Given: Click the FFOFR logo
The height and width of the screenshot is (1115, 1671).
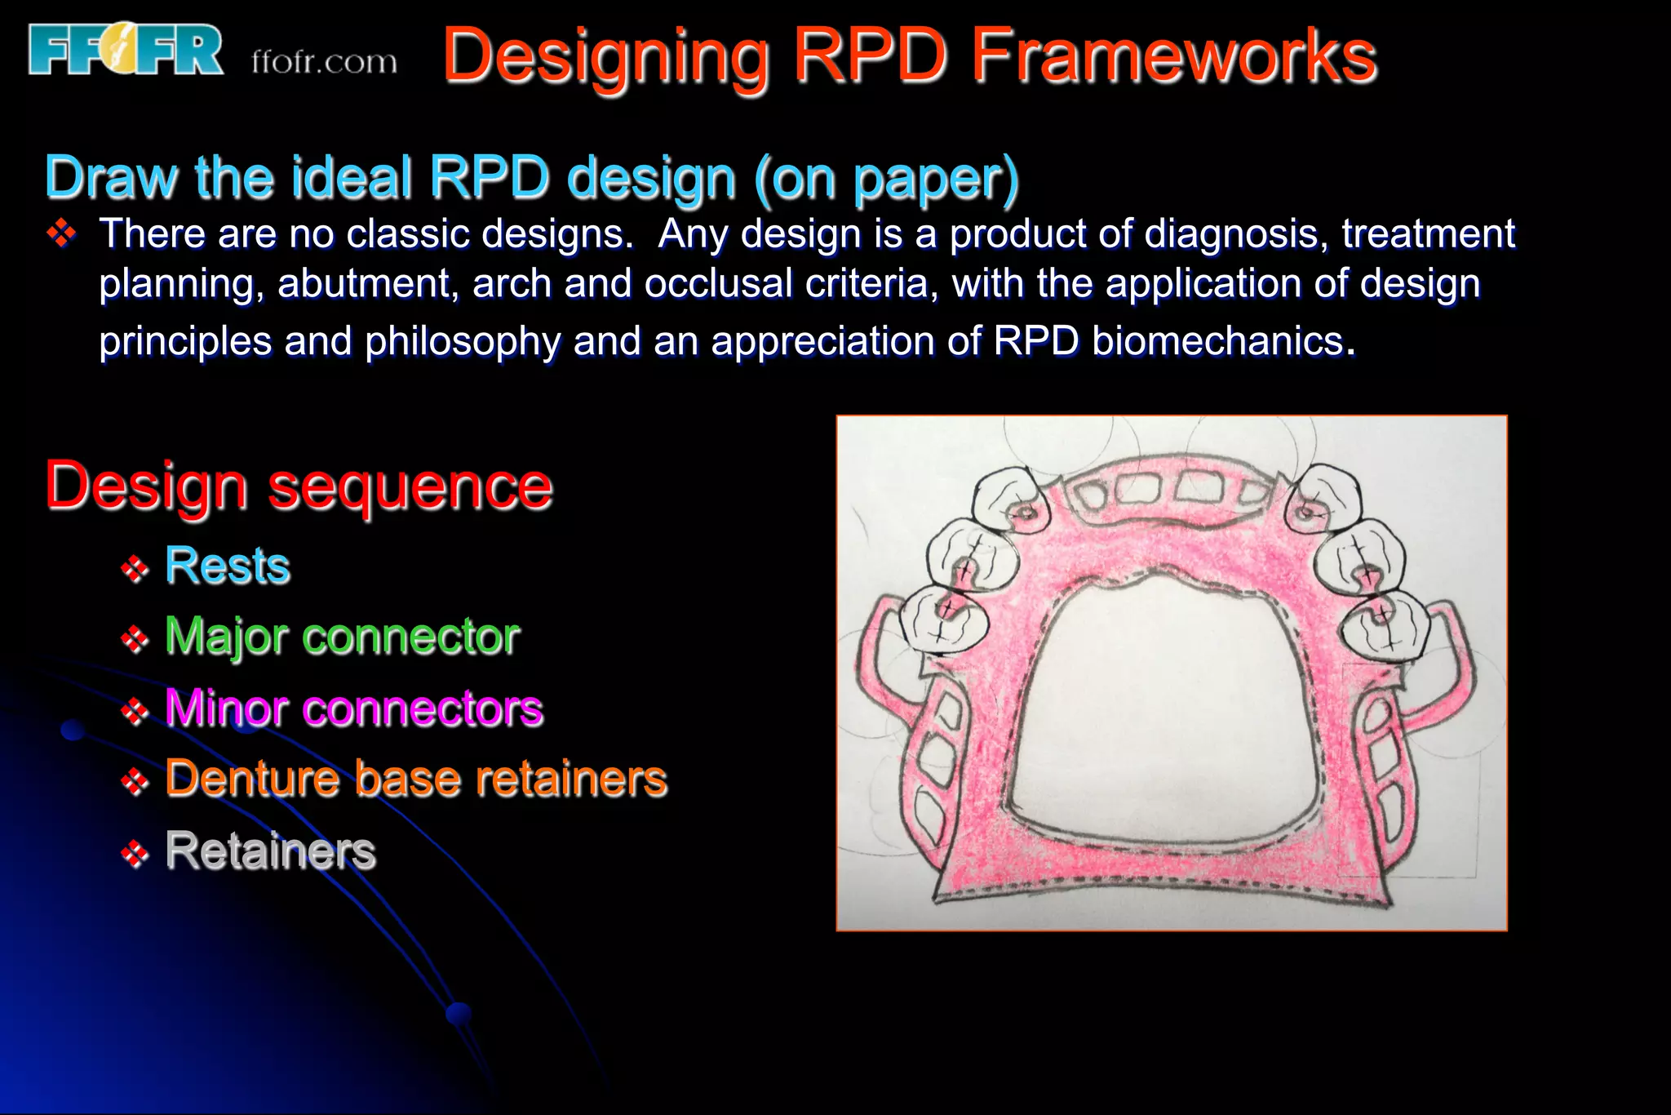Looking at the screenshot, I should point(126,50).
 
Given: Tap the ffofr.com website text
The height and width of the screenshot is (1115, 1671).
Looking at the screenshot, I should point(324,62).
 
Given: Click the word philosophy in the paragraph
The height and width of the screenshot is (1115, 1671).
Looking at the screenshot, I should point(463,341).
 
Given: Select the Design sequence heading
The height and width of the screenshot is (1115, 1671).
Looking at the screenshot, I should point(299,486).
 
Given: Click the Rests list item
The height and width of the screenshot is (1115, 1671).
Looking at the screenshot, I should point(228,565).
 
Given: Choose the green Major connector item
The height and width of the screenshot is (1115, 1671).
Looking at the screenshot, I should point(342,636).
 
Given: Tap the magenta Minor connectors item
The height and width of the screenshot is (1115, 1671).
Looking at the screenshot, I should point(354,708).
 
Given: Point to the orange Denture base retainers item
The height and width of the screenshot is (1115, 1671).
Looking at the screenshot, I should point(416,778).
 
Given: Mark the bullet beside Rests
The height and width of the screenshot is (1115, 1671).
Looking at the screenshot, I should point(135,568).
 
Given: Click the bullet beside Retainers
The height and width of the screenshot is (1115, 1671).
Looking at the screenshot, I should point(135,854).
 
